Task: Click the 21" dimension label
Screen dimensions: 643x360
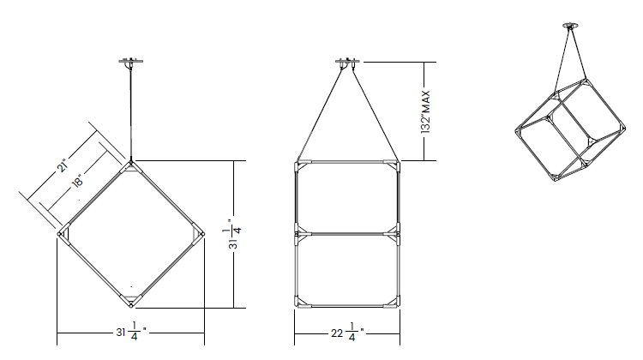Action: coord(62,165)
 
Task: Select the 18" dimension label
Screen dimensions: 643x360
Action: coord(78,181)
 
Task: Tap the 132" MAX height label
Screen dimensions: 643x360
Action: coord(425,112)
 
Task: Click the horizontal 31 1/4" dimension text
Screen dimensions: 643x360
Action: coord(131,332)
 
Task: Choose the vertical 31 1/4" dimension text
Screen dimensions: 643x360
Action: coord(232,234)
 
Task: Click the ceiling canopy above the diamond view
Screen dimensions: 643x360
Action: coord(131,62)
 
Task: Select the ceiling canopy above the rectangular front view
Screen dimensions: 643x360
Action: coord(347,62)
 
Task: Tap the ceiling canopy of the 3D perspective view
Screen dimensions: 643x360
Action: coord(570,26)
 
